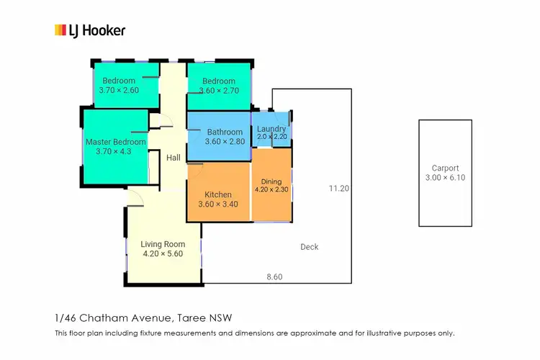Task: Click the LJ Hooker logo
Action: click(x=90, y=30)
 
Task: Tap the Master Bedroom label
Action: click(x=116, y=142)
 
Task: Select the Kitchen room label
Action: click(x=218, y=194)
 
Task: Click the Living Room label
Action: click(x=163, y=244)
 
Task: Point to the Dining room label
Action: click(x=271, y=181)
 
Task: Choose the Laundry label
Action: click(x=271, y=129)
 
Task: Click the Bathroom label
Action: click(x=225, y=132)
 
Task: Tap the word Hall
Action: click(x=174, y=158)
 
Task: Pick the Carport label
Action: click(x=445, y=168)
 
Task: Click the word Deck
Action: click(x=310, y=247)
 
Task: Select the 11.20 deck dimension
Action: click(x=338, y=189)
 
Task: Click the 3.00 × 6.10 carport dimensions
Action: click(x=445, y=178)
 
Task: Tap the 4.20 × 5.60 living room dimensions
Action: click(x=163, y=253)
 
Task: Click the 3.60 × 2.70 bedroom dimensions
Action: click(x=219, y=91)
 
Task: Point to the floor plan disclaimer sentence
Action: click(x=255, y=333)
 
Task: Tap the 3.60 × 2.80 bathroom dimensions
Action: click(x=225, y=142)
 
